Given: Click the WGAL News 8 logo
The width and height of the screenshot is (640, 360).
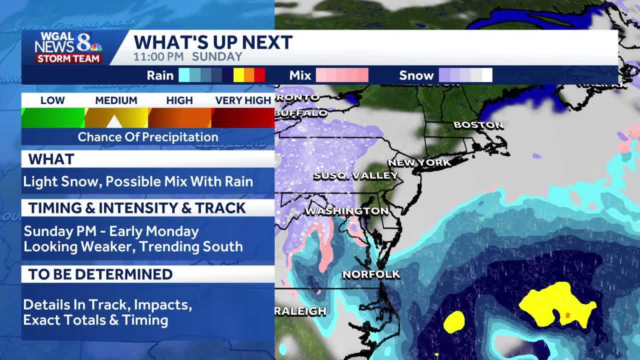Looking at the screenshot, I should [x=68, y=47].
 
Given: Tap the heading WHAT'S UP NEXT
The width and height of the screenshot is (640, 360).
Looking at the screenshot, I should [x=213, y=42].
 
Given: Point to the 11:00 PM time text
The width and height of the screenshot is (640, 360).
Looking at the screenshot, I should [x=158, y=56].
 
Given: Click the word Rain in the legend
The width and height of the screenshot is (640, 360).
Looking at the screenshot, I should [x=160, y=75].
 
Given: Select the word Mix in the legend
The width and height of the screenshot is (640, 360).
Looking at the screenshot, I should [x=300, y=75].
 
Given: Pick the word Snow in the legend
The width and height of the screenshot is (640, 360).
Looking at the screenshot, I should [x=416, y=75].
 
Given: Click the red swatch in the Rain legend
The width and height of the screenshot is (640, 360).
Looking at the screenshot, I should [x=259, y=75].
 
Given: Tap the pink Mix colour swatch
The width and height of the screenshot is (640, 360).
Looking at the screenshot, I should [x=342, y=75].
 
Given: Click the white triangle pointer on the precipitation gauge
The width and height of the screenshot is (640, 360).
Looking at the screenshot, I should [x=114, y=121].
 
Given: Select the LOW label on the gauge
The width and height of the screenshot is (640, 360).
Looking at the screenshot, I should [x=52, y=100].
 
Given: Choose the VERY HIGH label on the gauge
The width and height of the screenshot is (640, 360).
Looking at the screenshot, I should [x=243, y=100].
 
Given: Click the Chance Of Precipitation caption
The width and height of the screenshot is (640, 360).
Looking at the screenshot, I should [x=148, y=137].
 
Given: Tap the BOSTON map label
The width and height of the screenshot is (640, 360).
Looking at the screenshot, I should [x=478, y=125].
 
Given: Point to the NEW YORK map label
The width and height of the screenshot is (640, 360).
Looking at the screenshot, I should [x=419, y=162].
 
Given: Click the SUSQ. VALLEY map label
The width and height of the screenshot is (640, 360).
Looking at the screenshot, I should [x=355, y=175].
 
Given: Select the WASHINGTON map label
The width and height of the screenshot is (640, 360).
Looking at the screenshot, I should [x=346, y=211].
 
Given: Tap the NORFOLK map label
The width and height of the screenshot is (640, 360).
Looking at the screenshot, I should [x=371, y=274].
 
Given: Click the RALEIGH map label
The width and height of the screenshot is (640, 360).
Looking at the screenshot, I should [x=300, y=311].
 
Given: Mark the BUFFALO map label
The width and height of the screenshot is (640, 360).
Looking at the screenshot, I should [x=301, y=113].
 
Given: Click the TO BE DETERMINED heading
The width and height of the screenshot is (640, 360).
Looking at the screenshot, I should [x=100, y=274].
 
